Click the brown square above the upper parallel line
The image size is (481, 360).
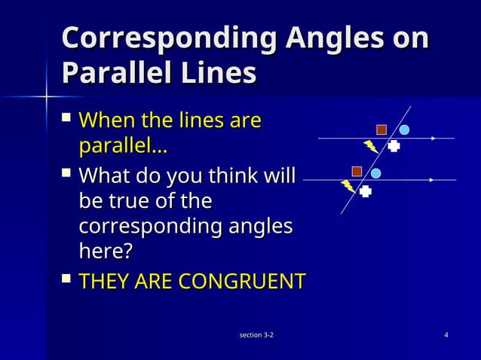[381, 130]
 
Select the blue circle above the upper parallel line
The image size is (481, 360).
[404, 130]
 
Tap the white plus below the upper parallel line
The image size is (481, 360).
[394, 147]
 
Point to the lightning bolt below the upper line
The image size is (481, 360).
[371, 147]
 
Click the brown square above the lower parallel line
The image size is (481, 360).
[357, 172]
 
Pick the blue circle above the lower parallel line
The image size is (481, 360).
[375, 173]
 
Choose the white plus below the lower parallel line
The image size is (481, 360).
[366, 191]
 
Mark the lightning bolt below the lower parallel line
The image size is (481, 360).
[348, 186]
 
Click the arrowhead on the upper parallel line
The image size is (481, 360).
[434, 139]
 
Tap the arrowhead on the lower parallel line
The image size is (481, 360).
[430, 180]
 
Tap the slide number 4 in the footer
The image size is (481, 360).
[447, 334]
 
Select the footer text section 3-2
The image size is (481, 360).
[256, 334]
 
